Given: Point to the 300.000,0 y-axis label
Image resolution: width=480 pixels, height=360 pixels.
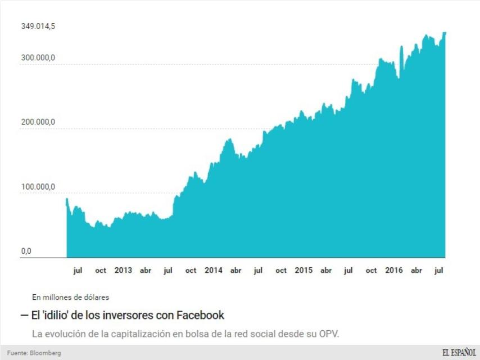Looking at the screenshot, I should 38,57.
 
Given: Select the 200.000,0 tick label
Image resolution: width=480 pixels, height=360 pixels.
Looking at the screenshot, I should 38,121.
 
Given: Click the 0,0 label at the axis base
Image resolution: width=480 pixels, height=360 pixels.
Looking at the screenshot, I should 26,251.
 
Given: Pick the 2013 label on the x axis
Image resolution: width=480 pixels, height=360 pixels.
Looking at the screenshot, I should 123,271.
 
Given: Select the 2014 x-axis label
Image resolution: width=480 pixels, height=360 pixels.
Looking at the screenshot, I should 214,271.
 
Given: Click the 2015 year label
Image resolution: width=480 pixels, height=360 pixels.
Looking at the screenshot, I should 304,271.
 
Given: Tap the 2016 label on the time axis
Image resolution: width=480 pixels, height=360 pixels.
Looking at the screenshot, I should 394,271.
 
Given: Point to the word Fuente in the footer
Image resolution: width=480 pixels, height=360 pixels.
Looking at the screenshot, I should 17,353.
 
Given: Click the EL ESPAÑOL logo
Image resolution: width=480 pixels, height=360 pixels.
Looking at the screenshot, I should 458,353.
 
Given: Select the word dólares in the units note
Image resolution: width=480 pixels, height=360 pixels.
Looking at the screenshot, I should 96,296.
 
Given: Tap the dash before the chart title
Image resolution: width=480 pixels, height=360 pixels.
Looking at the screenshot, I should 25,315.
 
